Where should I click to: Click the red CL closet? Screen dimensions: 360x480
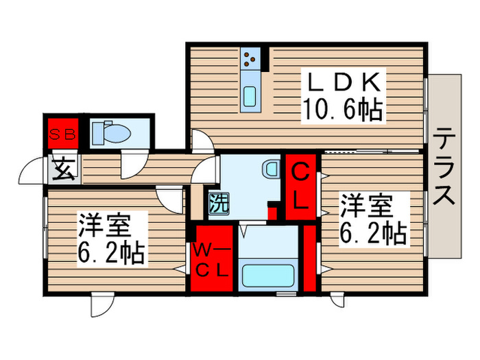pyautogui.click(x=300, y=187)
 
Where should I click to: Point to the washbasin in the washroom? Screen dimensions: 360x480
pyautogui.click(x=271, y=167)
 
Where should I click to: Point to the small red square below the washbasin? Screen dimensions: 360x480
pyautogui.click(x=272, y=211)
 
